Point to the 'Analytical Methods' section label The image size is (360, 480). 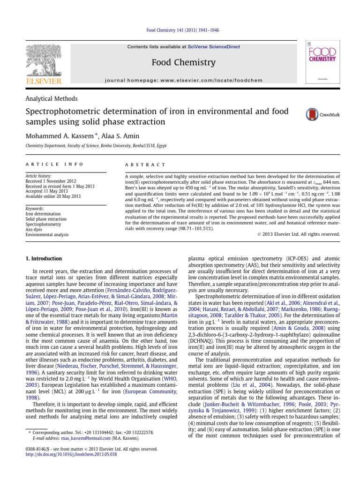(51, 99)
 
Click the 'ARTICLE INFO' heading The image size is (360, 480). (54, 165)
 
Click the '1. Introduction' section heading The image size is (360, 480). (44, 258)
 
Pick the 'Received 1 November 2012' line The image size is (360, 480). (50, 181)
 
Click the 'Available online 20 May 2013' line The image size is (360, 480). (52, 196)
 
